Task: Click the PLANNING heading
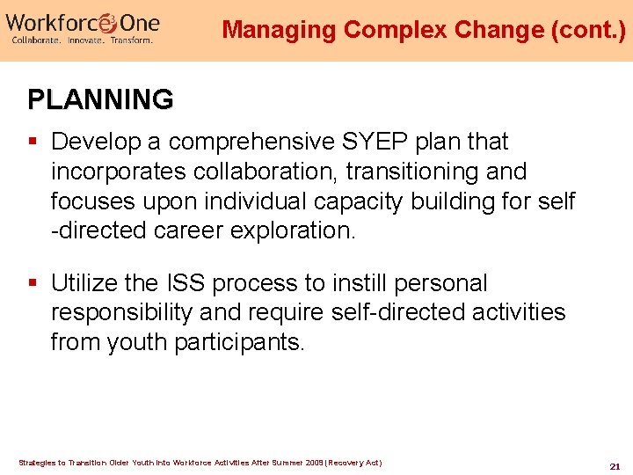point(100,99)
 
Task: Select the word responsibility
point(122,313)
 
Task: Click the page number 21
point(615,465)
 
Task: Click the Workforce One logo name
point(83,20)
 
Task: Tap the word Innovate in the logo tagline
point(85,40)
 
